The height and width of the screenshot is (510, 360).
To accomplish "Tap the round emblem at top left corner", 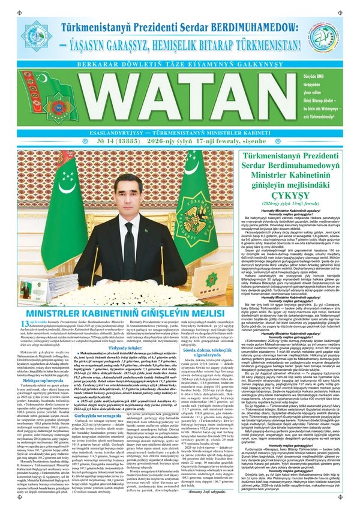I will point(22,23).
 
